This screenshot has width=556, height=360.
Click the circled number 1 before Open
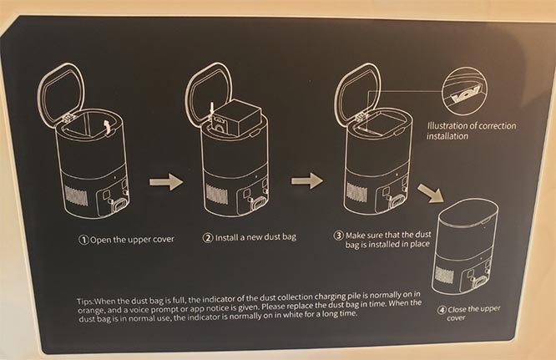[83, 240]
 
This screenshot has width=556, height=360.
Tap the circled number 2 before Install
[208, 238]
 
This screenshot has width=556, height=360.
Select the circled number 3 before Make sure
[339, 236]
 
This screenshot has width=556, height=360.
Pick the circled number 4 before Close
[442, 310]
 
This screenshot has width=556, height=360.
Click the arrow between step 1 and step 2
[166, 182]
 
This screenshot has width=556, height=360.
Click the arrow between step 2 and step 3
[307, 180]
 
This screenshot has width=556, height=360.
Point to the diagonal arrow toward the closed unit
[431, 193]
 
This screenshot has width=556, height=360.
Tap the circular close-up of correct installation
[464, 91]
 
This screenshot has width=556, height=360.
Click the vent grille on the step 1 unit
[75, 196]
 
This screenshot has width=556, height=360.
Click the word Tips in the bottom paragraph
[85, 302]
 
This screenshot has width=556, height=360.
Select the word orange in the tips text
[90, 311]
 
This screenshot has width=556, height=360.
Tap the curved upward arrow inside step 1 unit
[106, 127]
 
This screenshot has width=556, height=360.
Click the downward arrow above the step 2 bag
[212, 109]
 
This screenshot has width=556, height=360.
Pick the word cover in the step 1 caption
[163, 240]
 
